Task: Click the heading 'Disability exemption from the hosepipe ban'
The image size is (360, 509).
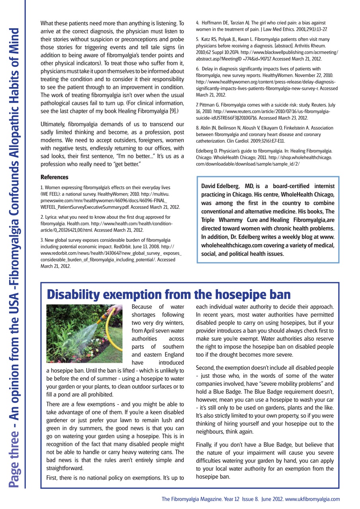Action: [x=168, y=295]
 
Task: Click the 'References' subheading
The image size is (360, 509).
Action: [x=54, y=177]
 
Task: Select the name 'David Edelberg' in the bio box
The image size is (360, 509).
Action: [x=220, y=187]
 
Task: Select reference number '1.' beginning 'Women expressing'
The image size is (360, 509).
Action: [x=42, y=187]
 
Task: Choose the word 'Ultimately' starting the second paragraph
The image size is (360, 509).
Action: [x=53, y=124]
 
